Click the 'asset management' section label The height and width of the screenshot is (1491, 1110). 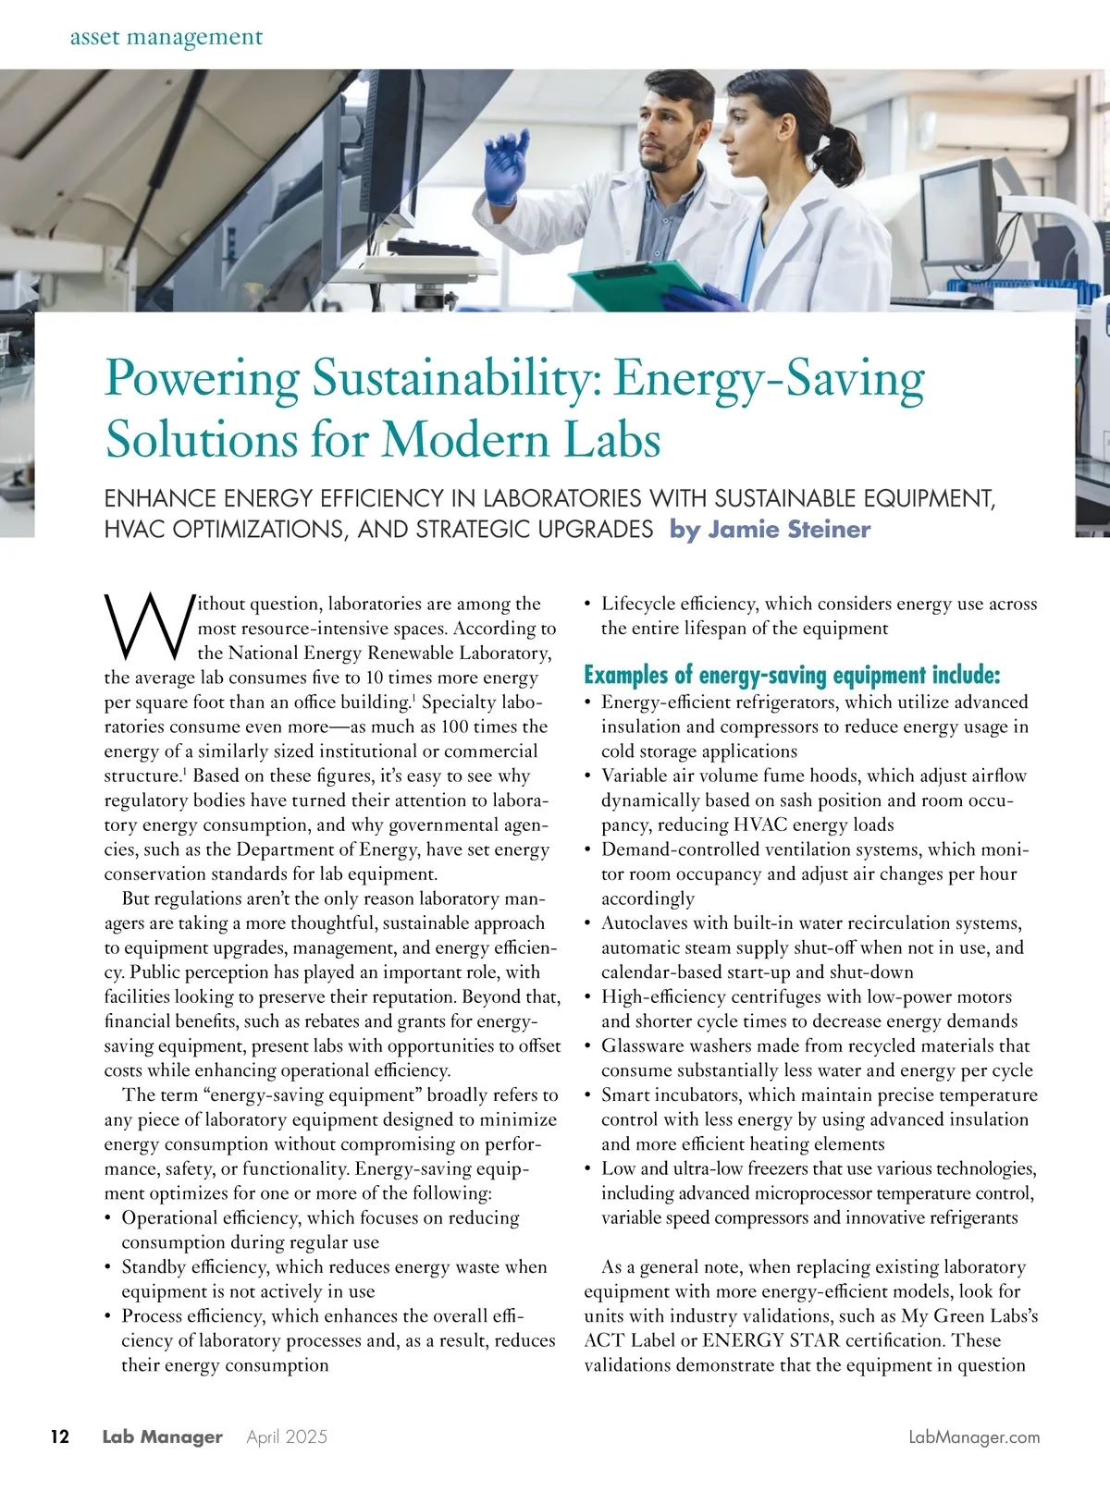click(166, 38)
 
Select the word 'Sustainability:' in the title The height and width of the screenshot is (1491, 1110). click(456, 378)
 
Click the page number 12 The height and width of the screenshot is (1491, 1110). click(59, 1436)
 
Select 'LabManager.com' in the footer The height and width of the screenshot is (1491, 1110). click(974, 1436)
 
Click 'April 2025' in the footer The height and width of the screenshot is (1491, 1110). click(287, 1436)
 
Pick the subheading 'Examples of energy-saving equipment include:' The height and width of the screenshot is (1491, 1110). click(792, 675)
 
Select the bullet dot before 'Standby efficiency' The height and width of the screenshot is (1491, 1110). click(109, 1267)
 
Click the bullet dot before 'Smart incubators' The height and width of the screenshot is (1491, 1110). click(589, 1095)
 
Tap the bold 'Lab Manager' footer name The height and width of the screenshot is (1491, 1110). click(162, 1436)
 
